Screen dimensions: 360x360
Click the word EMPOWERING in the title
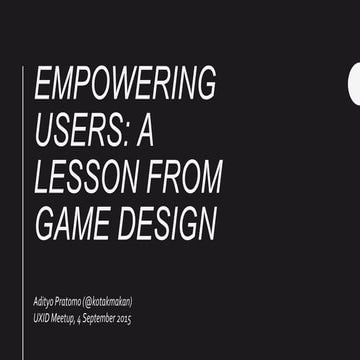(125, 85)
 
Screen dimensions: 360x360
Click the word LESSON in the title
(79, 177)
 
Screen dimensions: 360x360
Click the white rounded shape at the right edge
(354, 88)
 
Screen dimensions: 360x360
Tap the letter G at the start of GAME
(45, 223)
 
